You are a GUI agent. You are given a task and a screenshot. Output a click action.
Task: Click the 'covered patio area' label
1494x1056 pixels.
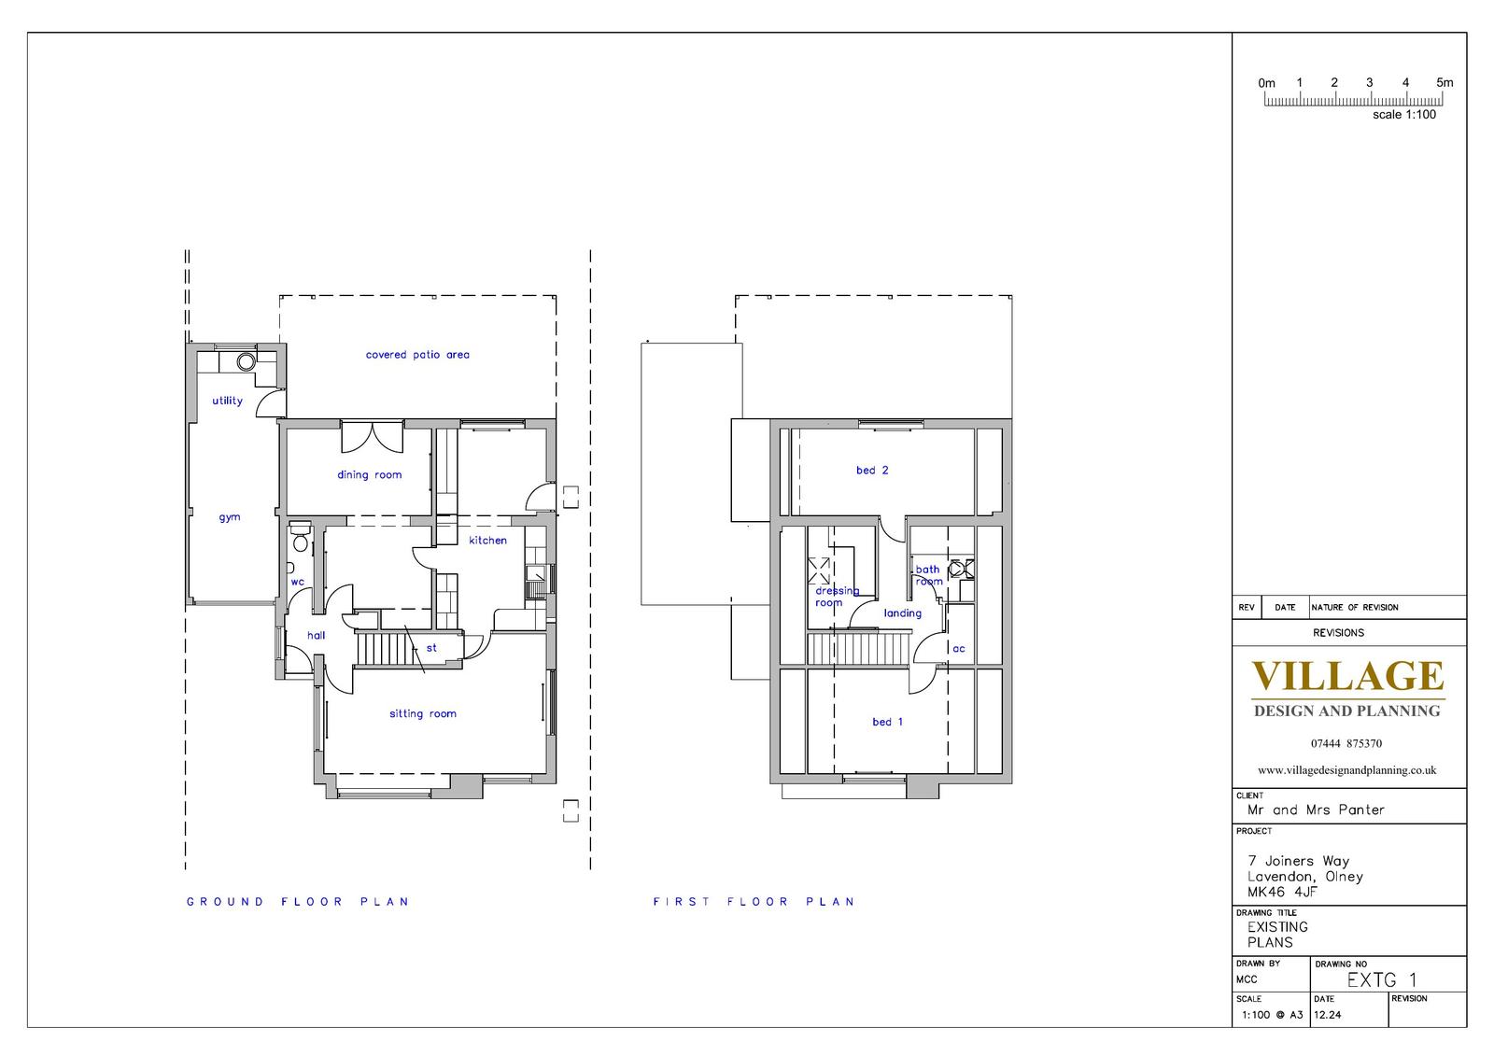(417, 355)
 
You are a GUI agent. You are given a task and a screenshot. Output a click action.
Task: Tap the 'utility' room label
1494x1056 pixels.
(228, 401)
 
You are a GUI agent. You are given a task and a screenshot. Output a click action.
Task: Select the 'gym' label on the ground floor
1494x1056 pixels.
(230, 517)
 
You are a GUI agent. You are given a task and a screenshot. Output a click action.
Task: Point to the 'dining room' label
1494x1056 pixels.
(370, 475)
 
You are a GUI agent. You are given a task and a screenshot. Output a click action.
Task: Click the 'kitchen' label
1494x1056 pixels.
(487, 541)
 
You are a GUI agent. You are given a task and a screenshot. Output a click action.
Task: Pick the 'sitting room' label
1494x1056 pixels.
(423, 713)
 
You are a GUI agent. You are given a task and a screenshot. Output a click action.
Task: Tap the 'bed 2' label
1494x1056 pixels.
(872, 471)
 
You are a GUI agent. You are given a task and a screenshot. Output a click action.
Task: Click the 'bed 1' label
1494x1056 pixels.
(888, 722)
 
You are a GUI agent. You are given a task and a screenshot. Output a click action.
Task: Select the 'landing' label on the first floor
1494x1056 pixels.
(903, 613)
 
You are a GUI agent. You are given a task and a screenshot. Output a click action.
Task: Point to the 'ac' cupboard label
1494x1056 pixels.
(959, 648)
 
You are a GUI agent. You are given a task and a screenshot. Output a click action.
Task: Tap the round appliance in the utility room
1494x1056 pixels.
(247, 361)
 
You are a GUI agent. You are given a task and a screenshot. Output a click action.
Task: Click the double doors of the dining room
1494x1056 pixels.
(373, 437)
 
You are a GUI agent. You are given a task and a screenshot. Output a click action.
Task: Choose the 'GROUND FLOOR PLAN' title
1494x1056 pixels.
(298, 902)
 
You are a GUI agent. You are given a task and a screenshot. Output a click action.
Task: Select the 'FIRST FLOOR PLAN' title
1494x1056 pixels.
(754, 902)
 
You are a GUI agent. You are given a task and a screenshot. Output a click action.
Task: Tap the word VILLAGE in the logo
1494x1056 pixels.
(1348, 676)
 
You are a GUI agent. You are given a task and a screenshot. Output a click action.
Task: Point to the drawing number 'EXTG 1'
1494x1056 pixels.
(1382, 980)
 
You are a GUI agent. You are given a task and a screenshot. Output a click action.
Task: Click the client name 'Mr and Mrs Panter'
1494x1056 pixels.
(1316, 810)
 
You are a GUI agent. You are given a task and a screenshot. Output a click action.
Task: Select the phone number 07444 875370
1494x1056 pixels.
(1346, 743)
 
